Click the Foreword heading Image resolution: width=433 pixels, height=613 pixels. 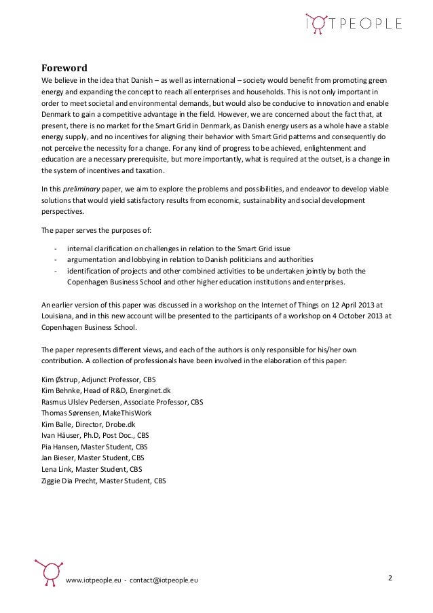tap(61, 67)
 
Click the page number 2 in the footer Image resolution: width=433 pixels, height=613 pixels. tap(390, 577)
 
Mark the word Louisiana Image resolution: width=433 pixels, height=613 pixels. tap(58, 315)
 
